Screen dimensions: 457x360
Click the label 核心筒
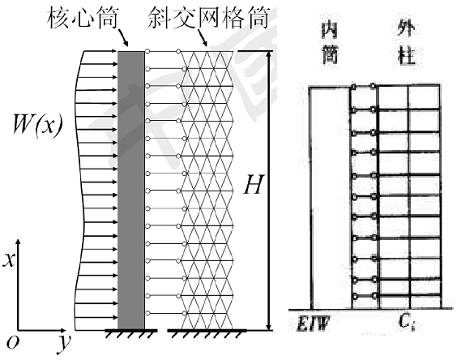(x=83, y=18)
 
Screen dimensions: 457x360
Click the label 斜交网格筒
(x=207, y=18)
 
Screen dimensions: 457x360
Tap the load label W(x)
(x=37, y=124)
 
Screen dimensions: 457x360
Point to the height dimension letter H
(x=254, y=184)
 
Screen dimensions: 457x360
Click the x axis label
(x=9, y=259)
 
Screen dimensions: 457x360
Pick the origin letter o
(x=12, y=342)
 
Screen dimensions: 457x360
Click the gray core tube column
(x=131, y=191)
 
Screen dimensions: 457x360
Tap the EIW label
(x=313, y=324)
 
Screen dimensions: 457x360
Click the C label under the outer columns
(x=406, y=323)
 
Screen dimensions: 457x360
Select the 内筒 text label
(x=330, y=43)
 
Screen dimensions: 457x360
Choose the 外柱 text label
(x=406, y=43)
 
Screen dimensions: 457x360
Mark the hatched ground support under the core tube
(x=131, y=333)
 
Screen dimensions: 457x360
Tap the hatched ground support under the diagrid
(x=207, y=333)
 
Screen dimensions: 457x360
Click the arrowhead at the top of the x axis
(x=18, y=242)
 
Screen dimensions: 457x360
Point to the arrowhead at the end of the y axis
(x=63, y=331)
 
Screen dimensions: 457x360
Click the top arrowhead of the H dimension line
(x=269, y=55)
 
